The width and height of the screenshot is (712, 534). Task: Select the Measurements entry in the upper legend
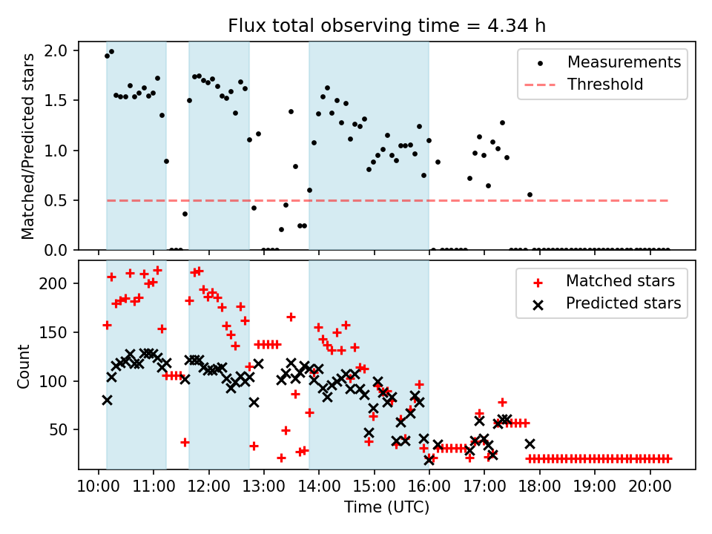point(624,62)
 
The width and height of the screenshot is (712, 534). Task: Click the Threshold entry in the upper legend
point(605,85)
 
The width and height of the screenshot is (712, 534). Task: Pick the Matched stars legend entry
point(620,281)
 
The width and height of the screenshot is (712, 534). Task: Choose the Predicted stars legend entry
point(623,303)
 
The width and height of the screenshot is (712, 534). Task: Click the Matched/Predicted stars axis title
point(28,146)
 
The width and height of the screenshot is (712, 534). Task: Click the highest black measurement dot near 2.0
point(111,52)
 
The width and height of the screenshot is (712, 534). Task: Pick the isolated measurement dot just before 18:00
point(530,194)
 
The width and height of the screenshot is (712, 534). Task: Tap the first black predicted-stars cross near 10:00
point(107,400)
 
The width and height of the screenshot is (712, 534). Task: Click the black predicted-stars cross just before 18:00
point(530,444)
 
